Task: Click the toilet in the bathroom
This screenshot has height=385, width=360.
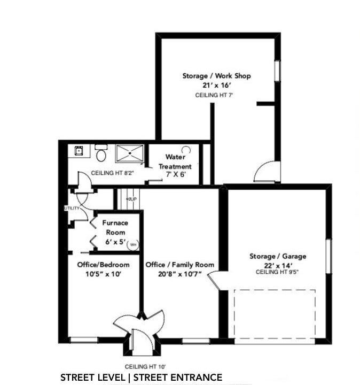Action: (x=101, y=153)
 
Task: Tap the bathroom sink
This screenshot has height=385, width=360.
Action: (x=79, y=150)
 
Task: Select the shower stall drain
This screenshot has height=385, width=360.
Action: (x=130, y=153)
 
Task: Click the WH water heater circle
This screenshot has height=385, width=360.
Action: (x=132, y=244)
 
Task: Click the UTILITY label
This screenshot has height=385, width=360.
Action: (x=72, y=208)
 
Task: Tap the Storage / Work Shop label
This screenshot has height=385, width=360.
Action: (x=216, y=76)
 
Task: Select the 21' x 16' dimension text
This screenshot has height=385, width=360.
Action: (x=217, y=85)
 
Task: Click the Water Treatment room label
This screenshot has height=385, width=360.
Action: (x=175, y=161)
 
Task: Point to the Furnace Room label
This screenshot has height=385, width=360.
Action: (x=115, y=227)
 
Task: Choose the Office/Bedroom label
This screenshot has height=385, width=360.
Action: (x=103, y=265)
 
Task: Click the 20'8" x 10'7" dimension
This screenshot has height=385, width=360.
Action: (x=180, y=274)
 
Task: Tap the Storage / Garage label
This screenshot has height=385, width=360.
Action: (x=278, y=256)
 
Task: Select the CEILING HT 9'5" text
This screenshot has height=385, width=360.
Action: (x=277, y=272)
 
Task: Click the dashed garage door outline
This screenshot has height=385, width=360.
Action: (x=275, y=290)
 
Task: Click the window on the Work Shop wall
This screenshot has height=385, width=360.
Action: (x=277, y=71)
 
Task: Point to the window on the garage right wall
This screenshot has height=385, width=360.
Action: (x=328, y=256)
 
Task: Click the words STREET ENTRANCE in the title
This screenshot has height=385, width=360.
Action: (x=178, y=377)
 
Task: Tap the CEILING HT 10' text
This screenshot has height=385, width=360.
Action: (x=145, y=367)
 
